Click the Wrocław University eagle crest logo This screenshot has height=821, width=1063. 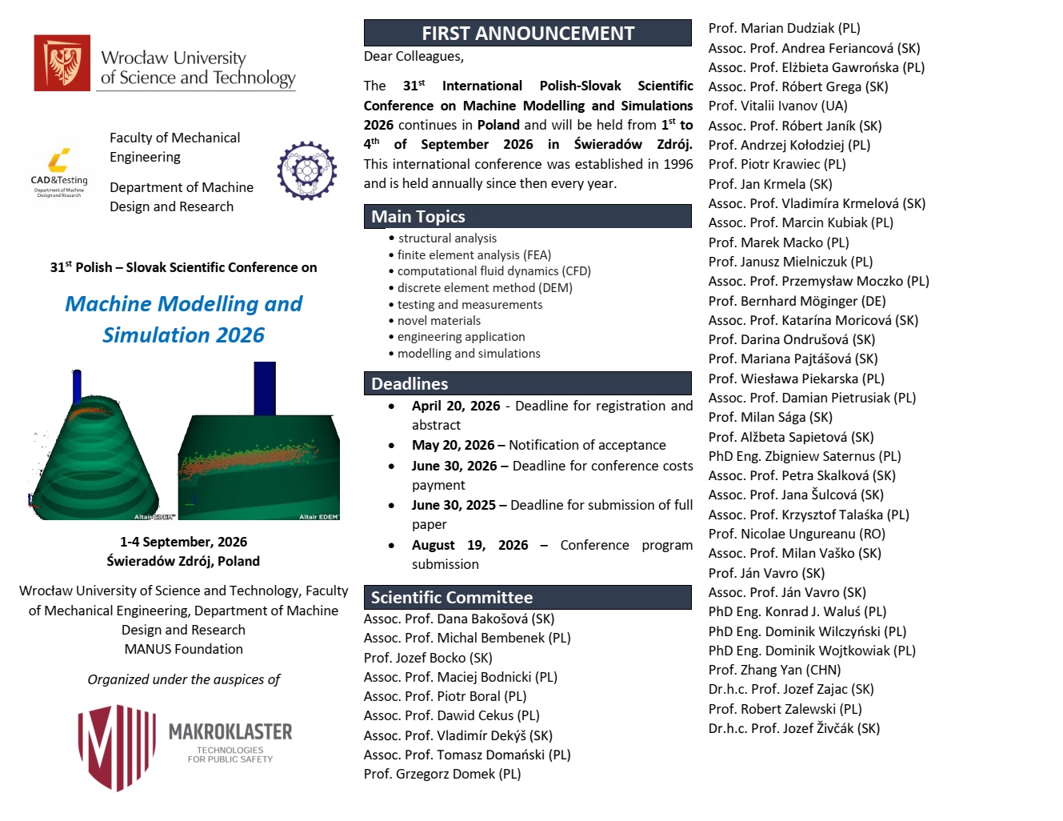click(x=62, y=63)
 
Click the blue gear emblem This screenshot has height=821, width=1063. click(x=307, y=170)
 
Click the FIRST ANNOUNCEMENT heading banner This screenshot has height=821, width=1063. click(x=527, y=34)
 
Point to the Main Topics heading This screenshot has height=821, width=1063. click(x=418, y=217)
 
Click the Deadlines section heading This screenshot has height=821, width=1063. click(x=410, y=384)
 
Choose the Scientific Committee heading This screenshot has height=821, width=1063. click(x=451, y=598)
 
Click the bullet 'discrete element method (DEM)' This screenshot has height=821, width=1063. click(x=485, y=288)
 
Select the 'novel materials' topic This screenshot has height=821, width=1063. click(x=439, y=321)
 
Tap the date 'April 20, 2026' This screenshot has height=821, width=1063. click(x=456, y=406)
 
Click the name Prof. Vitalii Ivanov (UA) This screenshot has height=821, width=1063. click(x=777, y=106)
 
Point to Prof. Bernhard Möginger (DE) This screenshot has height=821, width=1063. click(x=797, y=302)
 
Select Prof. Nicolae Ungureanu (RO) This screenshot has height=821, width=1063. click(x=797, y=535)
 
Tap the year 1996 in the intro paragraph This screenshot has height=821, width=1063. click(x=678, y=164)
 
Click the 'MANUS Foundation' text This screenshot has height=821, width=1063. click(x=183, y=650)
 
